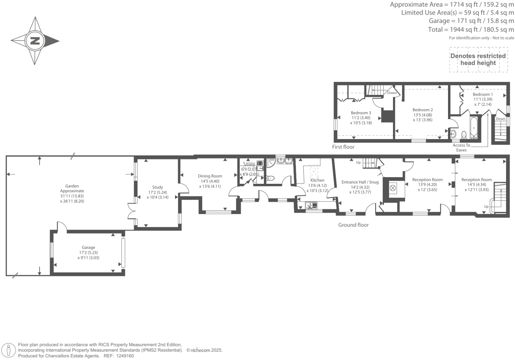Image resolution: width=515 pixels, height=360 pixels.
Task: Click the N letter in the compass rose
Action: click(x=35, y=41)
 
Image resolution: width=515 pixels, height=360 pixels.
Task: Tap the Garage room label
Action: click(x=88, y=248)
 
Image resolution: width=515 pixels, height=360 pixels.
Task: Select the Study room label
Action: click(x=158, y=187)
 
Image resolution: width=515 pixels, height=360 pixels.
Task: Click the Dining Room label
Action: click(x=210, y=176)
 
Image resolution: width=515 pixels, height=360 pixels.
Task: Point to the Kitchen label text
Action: click(x=317, y=180)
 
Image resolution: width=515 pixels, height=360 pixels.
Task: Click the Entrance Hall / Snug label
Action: click(x=360, y=182)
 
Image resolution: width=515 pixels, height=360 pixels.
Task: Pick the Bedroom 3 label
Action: click(x=361, y=113)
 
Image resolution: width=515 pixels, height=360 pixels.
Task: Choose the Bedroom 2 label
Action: click(x=422, y=110)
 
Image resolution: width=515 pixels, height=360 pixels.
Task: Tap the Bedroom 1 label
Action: click(x=483, y=95)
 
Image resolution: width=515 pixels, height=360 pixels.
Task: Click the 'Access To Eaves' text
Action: click(x=461, y=148)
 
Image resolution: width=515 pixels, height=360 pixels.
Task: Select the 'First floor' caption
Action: click(x=343, y=147)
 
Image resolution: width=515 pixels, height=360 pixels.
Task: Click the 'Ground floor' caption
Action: click(x=353, y=225)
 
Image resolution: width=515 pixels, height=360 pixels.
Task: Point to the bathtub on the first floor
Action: click(x=474, y=127)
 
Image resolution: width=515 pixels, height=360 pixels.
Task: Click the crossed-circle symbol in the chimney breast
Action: click(x=393, y=188)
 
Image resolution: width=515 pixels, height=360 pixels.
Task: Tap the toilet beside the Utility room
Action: click(x=271, y=178)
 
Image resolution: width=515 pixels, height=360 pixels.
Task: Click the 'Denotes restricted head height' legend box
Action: click(x=478, y=60)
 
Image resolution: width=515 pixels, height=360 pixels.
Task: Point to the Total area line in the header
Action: click(x=471, y=30)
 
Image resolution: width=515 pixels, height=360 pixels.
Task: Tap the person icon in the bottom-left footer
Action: click(x=9, y=350)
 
